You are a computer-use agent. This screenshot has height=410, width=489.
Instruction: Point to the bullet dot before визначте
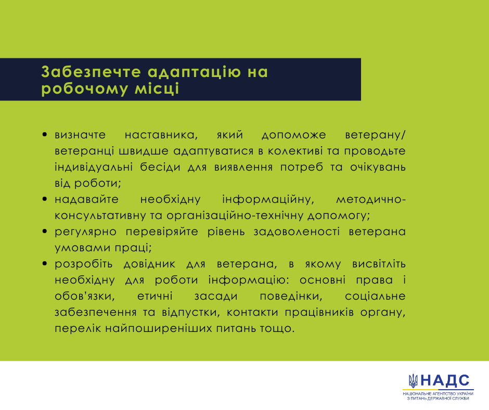click(x=45, y=135)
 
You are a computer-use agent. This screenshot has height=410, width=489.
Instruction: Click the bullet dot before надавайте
click(x=45, y=199)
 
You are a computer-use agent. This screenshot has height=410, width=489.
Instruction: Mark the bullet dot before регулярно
click(x=45, y=232)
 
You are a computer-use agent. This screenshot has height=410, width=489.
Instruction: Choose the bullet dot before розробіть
click(x=45, y=264)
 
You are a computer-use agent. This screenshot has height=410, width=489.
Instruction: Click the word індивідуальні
click(x=94, y=167)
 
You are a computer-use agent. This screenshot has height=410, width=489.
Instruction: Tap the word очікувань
click(x=378, y=167)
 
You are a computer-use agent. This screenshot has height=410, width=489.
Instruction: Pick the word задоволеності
click(x=297, y=232)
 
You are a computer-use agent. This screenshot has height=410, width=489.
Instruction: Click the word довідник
click(x=149, y=264)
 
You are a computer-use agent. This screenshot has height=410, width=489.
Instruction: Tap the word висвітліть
click(x=379, y=264)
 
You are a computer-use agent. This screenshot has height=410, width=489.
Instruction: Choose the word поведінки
click(x=291, y=296)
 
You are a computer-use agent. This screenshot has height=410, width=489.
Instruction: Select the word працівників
click(x=319, y=312)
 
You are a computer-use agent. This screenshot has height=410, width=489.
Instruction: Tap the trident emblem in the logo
click(x=413, y=381)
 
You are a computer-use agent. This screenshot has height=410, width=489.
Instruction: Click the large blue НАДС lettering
click(x=445, y=381)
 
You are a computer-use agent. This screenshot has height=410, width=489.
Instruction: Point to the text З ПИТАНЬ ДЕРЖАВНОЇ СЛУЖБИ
click(x=438, y=399)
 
